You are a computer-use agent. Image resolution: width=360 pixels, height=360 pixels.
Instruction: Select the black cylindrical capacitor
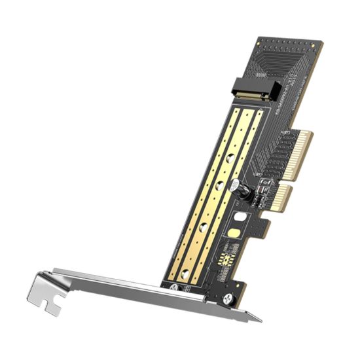[242, 191]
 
